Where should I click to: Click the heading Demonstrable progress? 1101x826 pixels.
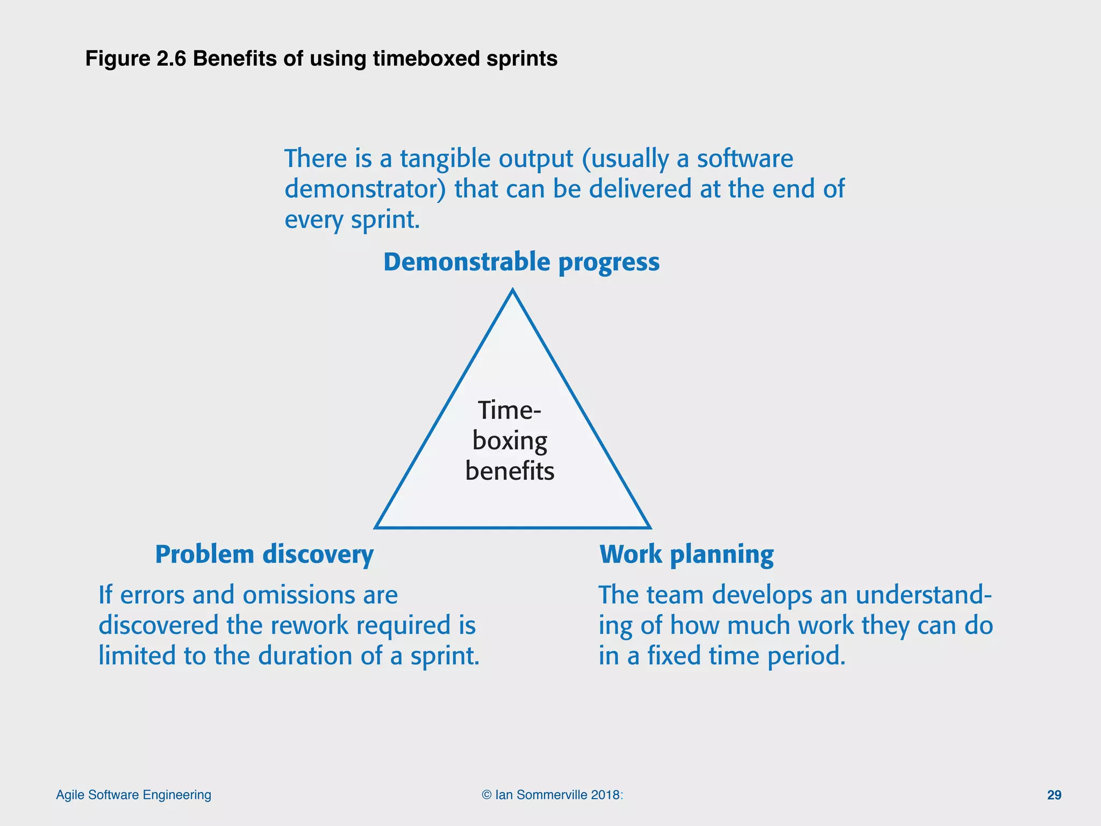[x=521, y=262]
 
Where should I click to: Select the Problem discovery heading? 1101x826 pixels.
[x=264, y=554]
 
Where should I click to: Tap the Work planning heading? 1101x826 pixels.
[x=687, y=554]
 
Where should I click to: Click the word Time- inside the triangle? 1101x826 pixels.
[x=509, y=410]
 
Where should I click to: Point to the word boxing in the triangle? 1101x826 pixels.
[x=510, y=441]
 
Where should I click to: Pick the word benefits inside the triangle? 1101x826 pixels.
[x=510, y=471]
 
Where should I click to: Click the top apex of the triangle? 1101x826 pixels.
[x=513, y=291]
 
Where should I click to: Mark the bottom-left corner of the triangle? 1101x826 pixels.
[x=376, y=527]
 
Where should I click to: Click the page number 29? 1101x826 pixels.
[x=1054, y=795]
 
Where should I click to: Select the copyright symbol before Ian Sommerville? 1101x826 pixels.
[x=486, y=795]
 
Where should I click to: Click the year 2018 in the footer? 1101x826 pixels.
[x=605, y=795]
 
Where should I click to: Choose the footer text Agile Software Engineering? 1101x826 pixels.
[x=133, y=795]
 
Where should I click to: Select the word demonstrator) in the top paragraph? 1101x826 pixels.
[x=365, y=189]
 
